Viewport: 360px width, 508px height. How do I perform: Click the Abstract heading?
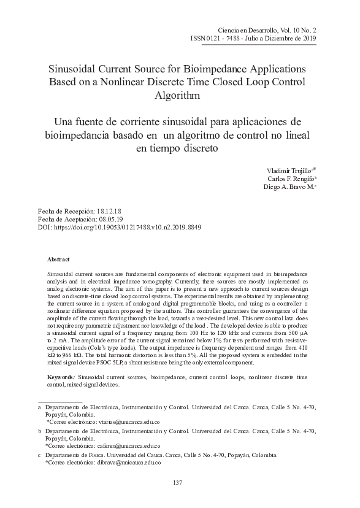click(59, 260)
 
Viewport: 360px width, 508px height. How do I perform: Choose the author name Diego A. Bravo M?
click(286, 189)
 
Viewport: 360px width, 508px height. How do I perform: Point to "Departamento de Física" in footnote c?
click(73, 456)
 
